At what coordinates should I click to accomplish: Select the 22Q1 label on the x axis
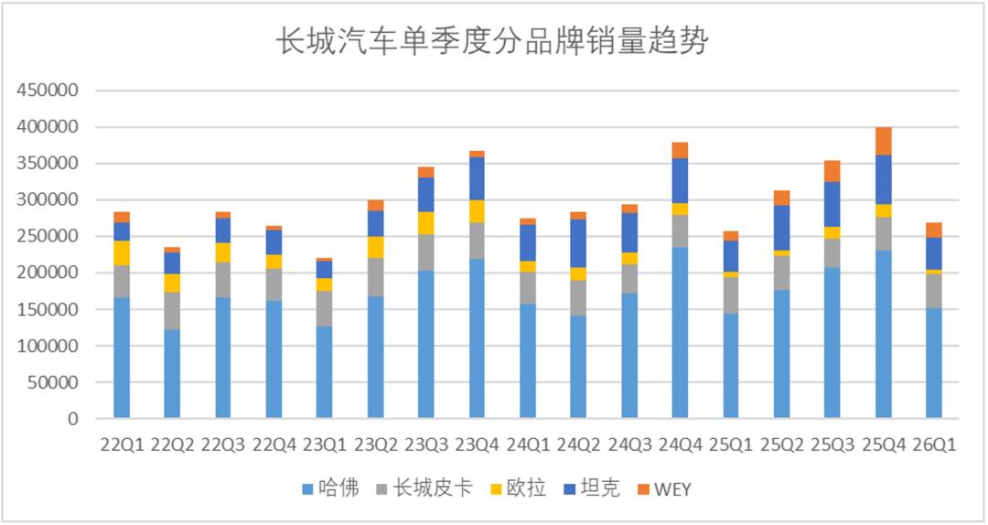(122, 445)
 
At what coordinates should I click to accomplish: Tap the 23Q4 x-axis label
(477, 445)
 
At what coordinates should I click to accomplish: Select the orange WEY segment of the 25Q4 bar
(883, 141)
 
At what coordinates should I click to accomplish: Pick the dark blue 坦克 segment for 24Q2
(578, 243)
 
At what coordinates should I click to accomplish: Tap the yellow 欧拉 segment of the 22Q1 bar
(122, 253)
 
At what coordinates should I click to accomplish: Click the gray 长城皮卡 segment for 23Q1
(325, 308)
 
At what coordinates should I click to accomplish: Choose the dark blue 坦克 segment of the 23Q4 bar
(477, 178)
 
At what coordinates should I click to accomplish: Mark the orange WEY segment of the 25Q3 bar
(832, 171)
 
